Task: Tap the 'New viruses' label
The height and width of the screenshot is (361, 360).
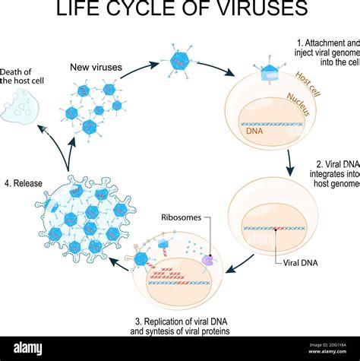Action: click(x=96, y=68)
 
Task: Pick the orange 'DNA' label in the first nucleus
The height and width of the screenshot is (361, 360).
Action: click(x=254, y=131)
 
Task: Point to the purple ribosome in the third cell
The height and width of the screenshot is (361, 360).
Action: click(x=207, y=261)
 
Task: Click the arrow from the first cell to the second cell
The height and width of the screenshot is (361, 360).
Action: click(x=290, y=160)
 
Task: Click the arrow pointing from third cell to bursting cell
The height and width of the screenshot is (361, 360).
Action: click(x=120, y=262)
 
